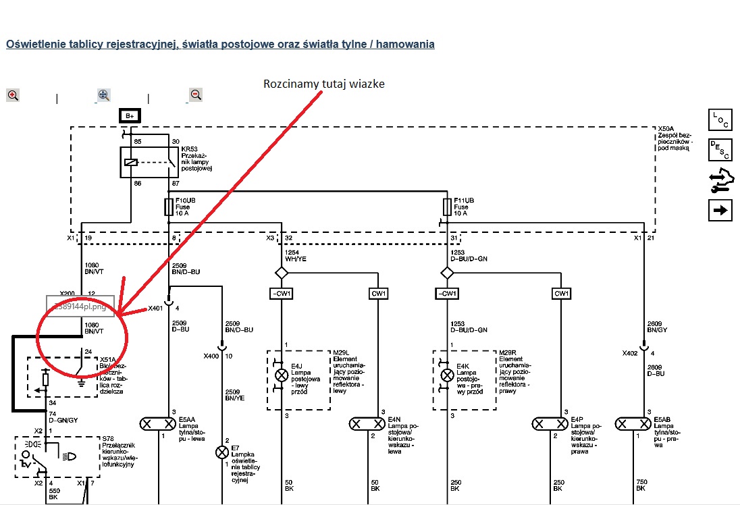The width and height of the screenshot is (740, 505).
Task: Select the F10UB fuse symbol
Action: (x=167, y=205)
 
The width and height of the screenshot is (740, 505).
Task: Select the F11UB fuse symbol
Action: (x=446, y=205)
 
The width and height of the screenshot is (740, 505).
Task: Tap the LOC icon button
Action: (x=720, y=120)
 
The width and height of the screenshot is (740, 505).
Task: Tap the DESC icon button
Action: (x=720, y=150)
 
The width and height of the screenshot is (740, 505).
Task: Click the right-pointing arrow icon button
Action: (x=720, y=210)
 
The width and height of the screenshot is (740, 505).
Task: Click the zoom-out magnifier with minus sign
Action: (x=196, y=95)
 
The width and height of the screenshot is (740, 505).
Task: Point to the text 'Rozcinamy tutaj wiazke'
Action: (x=323, y=83)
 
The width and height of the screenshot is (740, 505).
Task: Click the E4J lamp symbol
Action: (x=280, y=375)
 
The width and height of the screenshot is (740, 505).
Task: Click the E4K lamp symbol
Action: (x=446, y=375)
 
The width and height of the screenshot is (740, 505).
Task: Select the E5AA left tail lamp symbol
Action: (x=158, y=424)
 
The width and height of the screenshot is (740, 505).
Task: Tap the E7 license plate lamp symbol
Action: (x=222, y=452)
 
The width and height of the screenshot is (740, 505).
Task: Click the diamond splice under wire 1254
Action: (x=281, y=273)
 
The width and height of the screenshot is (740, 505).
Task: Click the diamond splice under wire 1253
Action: (x=446, y=273)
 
